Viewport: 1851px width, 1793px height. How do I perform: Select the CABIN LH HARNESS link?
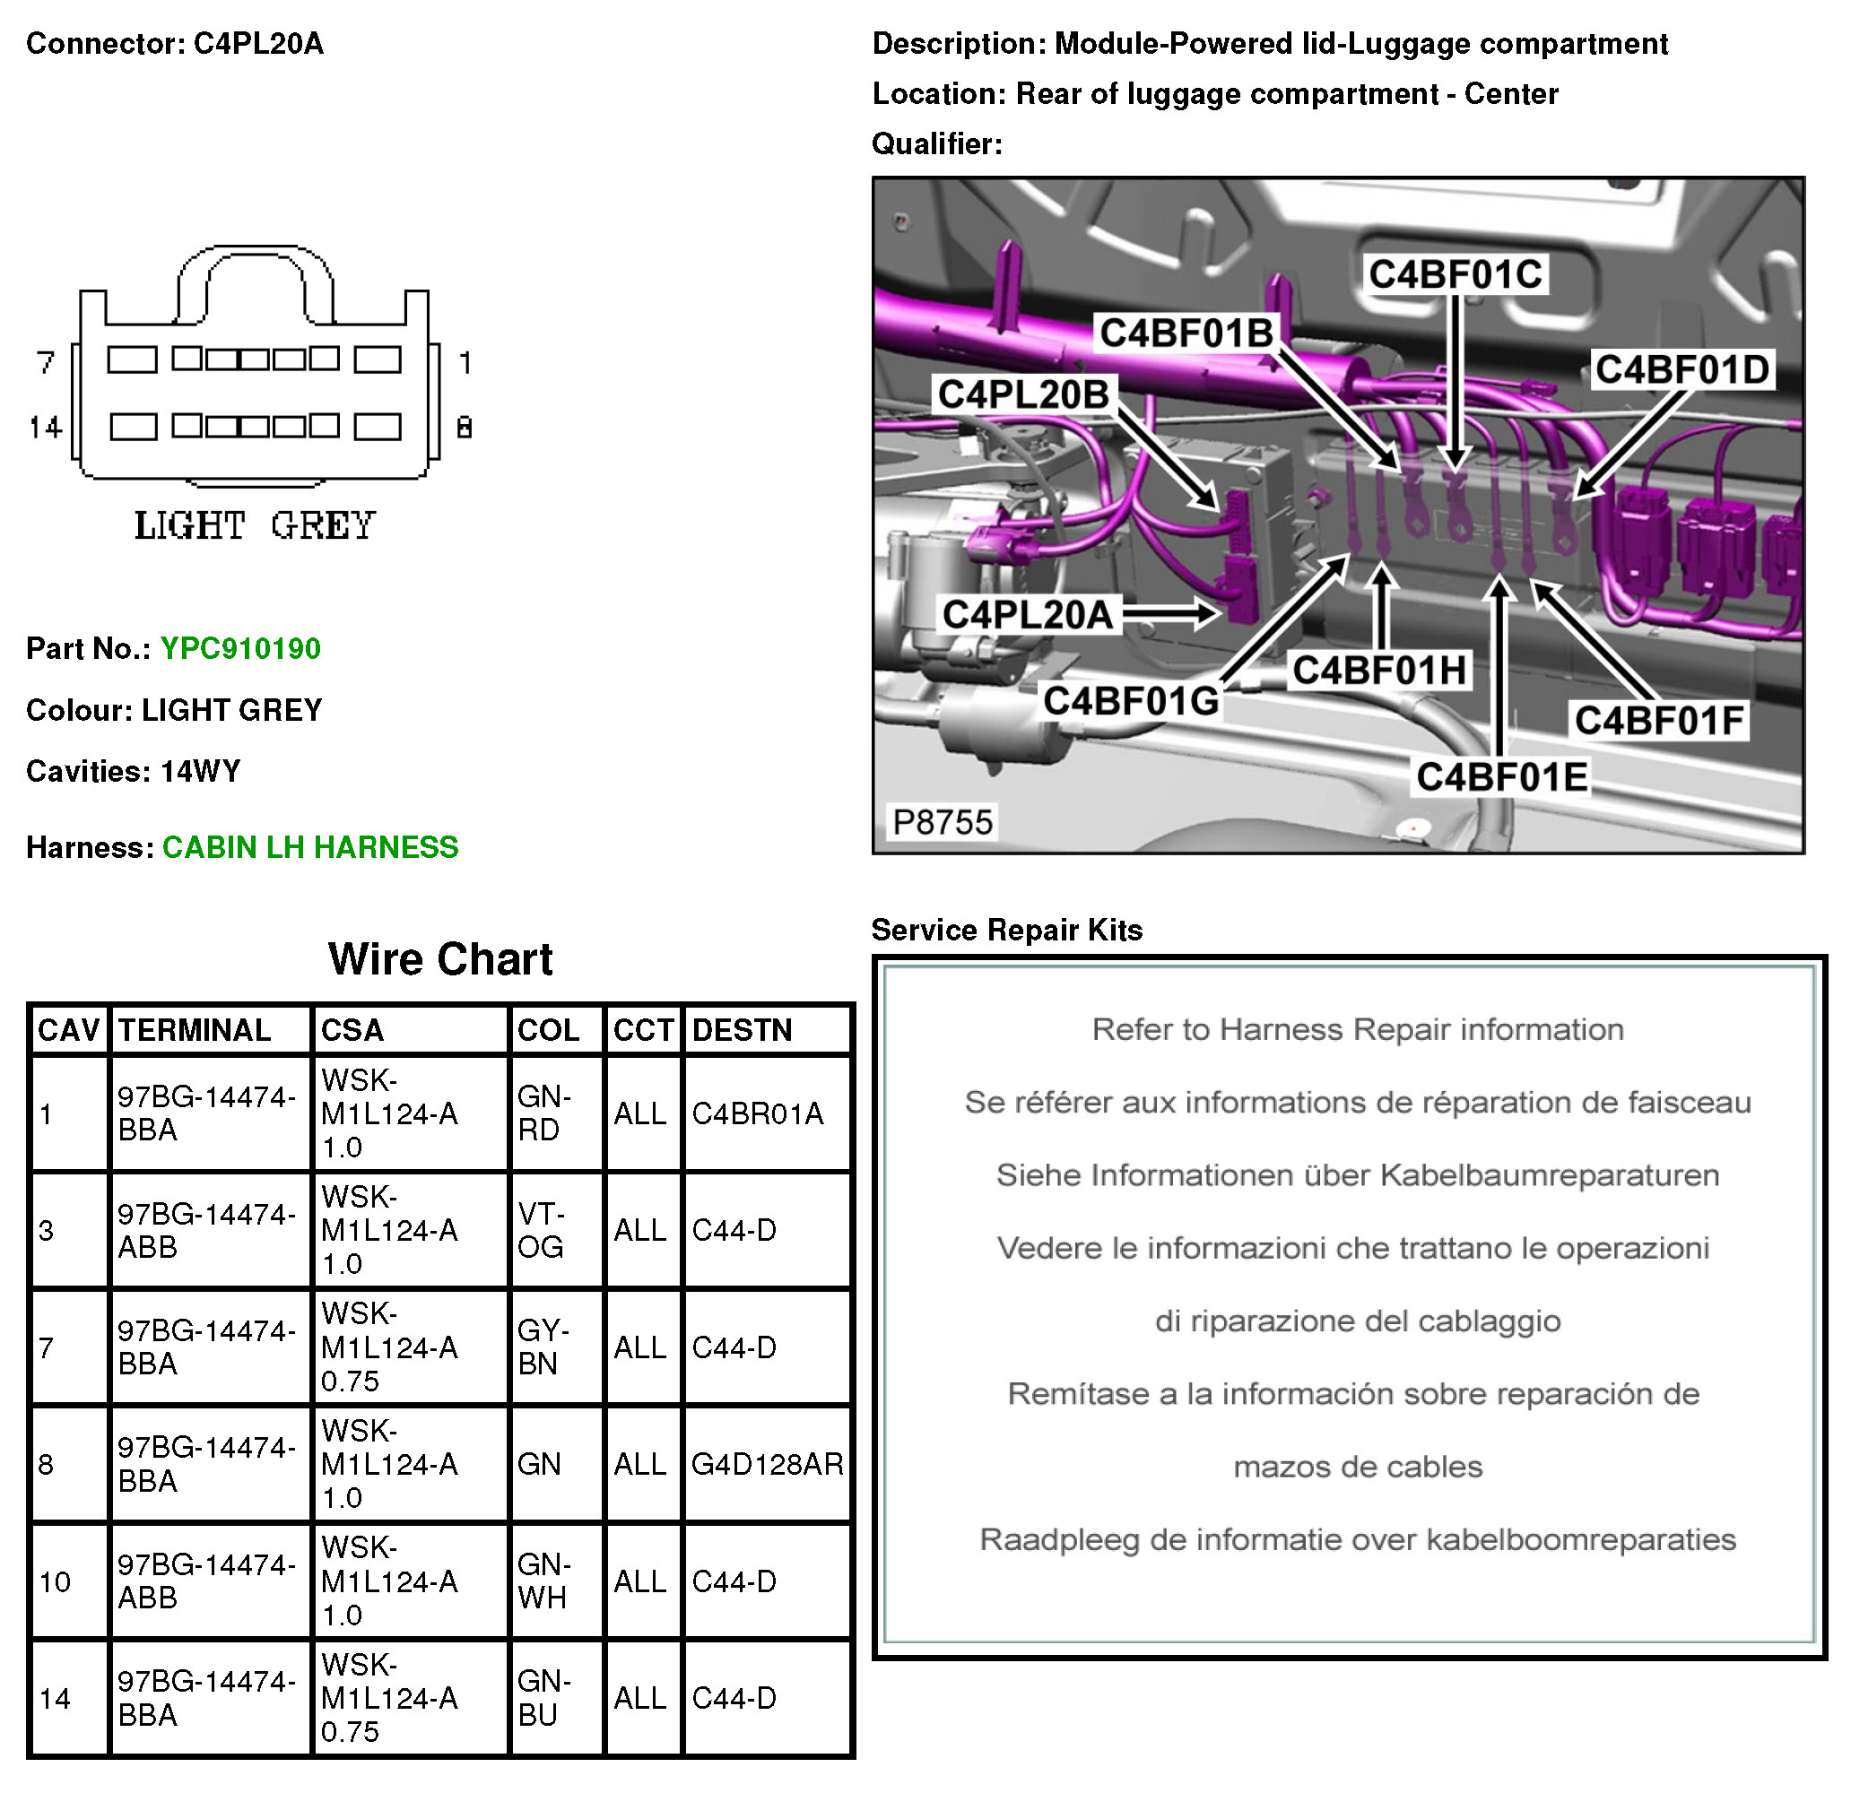[x=309, y=847]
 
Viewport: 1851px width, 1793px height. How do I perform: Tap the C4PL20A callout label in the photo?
[x=1028, y=615]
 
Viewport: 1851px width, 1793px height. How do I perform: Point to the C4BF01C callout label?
[x=1456, y=274]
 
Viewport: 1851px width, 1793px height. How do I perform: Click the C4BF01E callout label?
[x=1501, y=777]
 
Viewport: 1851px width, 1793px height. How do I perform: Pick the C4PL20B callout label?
[x=1022, y=394]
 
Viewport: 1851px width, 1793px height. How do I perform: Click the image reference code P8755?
[x=943, y=822]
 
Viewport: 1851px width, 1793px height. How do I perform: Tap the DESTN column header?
[x=743, y=1030]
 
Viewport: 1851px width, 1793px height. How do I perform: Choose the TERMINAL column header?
[x=195, y=1030]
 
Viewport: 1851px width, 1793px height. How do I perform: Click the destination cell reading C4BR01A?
[x=758, y=1114]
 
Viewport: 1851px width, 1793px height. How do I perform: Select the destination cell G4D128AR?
[x=767, y=1464]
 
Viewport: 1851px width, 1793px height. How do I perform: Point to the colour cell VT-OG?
[x=541, y=1230]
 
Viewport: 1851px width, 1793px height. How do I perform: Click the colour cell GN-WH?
[x=543, y=1581]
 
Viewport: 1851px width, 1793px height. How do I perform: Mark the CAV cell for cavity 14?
[x=55, y=1699]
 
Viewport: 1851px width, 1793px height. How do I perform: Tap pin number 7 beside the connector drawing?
[x=46, y=362]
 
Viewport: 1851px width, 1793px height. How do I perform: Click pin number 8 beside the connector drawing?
[x=464, y=429]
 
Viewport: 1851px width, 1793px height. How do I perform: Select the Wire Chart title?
[x=440, y=959]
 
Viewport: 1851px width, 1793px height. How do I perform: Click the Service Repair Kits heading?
[x=1007, y=930]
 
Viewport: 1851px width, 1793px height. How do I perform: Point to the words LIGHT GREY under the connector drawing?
[x=254, y=526]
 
